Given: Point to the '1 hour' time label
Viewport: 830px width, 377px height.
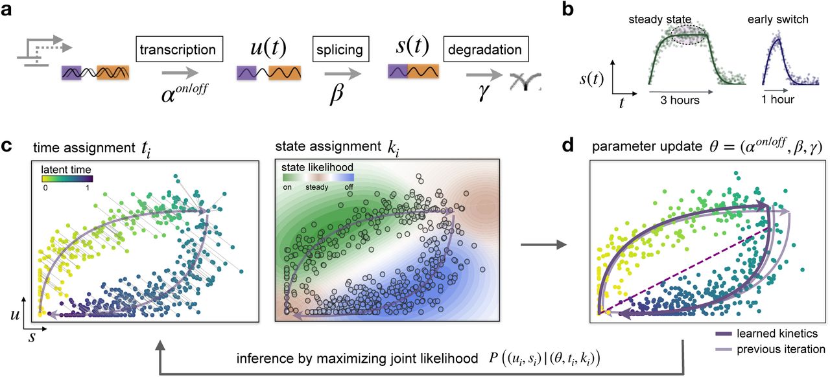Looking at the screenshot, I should [777, 100].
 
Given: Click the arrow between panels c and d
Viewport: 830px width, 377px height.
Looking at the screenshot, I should [543, 245].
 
